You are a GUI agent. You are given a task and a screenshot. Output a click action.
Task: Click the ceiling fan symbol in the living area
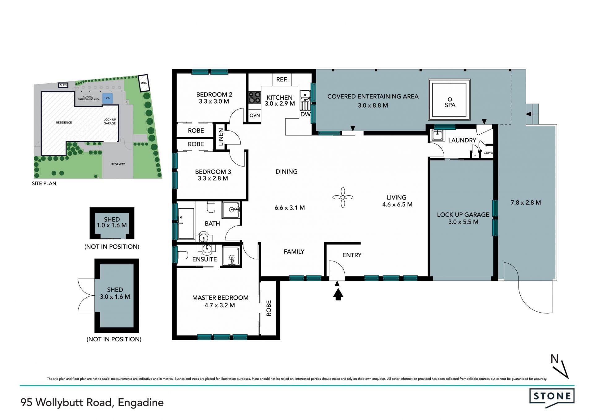tap(343, 197)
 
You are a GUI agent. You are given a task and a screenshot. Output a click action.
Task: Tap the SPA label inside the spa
tap(450, 105)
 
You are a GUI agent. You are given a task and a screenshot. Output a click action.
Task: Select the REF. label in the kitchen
tap(282, 80)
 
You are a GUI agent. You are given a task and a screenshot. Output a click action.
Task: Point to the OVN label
tap(255, 115)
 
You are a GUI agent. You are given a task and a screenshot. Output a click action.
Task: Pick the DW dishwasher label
tap(305, 114)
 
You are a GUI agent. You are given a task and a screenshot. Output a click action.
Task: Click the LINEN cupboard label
tap(221, 137)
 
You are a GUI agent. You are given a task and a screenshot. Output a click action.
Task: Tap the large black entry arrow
tap(338, 294)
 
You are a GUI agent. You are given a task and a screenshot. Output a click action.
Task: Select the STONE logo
tap(552, 396)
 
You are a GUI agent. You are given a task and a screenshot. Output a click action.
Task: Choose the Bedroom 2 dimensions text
tap(214, 102)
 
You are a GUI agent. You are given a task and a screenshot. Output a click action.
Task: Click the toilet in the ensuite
tap(182, 255)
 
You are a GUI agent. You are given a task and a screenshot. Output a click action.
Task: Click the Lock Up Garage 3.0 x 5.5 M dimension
tap(463, 222)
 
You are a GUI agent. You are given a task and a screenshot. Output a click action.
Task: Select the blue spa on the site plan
tap(107, 98)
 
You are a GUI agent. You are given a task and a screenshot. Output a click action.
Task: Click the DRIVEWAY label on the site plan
tap(118, 164)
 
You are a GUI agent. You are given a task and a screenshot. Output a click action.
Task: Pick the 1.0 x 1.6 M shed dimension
tap(112, 225)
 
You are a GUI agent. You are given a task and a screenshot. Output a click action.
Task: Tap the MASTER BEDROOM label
tap(220, 298)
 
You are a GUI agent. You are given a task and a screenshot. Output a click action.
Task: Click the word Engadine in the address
tap(141, 403)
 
